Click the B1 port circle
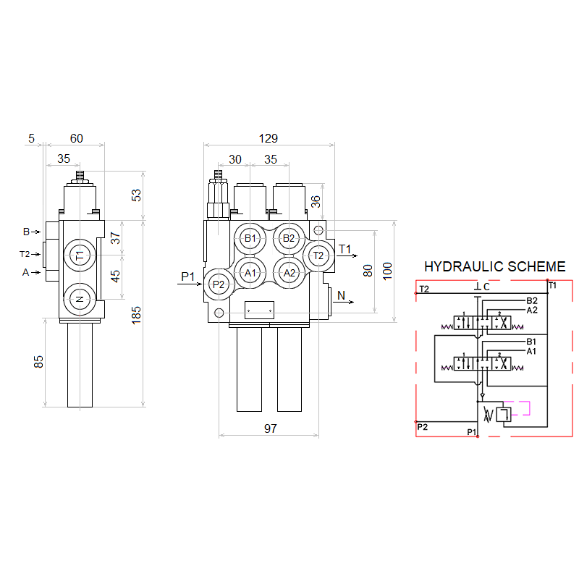pyautogui.click(x=250, y=238)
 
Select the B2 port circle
pyautogui.click(x=289, y=238)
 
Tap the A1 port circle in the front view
pyautogui.click(x=250, y=273)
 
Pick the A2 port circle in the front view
pyautogui.click(x=289, y=273)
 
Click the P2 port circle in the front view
pyautogui.click(x=219, y=284)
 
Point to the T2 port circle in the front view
pyautogui.click(x=318, y=255)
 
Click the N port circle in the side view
pyautogui.click(x=80, y=298)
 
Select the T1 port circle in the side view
pyautogui.click(x=80, y=255)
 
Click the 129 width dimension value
pyautogui.click(x=269, y=138)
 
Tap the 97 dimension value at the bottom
pyautogui.click(x=270, y=428)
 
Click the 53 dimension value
pyautogui.click(x=136, y=195)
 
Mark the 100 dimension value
pyautogui.click(x=387, y=271)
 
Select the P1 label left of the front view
pyautogui.click(x=188, y=276)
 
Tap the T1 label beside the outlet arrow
pyautogui.click(x=345, y=250)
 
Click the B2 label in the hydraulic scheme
pyautogui.click(x=532, y=300)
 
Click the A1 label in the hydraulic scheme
pyautogui.click(x=531, y=351)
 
